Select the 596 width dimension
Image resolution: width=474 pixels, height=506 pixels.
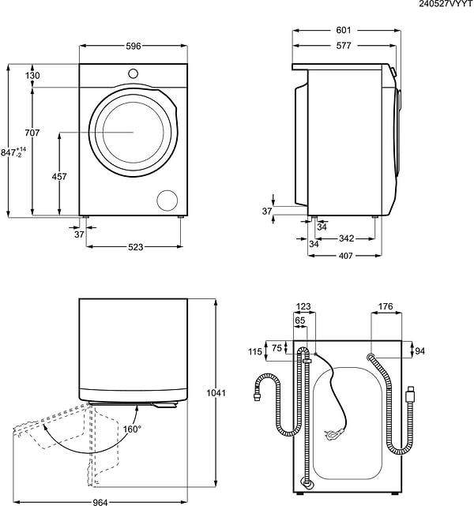coord(134,47)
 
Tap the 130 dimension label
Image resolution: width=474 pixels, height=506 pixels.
coord(32,75)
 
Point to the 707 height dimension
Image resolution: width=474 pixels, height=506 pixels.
coord(32,133)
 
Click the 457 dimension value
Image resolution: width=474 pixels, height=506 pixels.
coord(58,177)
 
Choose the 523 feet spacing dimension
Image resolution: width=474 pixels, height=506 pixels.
coord(135,248)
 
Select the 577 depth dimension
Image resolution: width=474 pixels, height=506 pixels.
coord(344,47)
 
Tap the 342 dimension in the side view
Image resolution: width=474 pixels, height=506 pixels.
coord(345,238)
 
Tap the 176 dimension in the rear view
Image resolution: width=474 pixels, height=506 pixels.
coord(385,306)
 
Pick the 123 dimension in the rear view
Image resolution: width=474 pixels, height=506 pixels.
coord(303,306)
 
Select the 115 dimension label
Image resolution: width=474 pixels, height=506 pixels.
coord(254,352)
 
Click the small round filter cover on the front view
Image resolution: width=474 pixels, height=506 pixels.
coord(168,200)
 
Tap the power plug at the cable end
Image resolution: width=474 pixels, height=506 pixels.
coord(333,433)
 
